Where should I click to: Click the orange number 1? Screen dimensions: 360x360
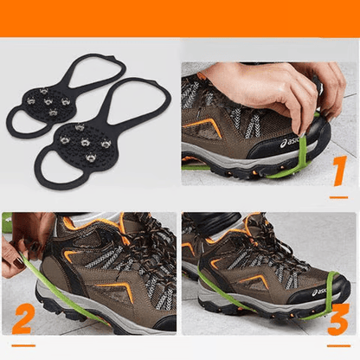[x=338, y=170]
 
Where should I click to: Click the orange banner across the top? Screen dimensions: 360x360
[x=180, y=18]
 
